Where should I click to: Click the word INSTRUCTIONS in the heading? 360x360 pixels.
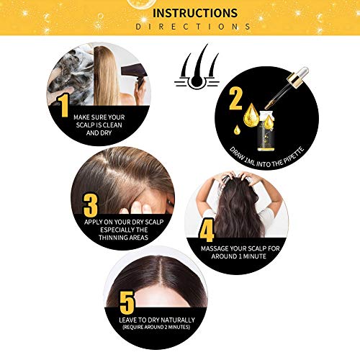point(194,13)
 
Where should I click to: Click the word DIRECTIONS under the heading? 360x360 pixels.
point(194,27)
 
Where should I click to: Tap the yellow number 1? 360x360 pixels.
point(64,106)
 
